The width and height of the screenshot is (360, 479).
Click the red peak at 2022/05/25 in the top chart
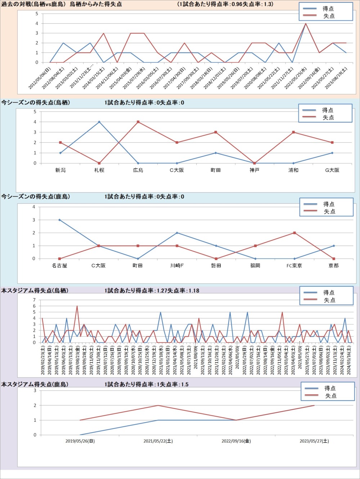point(306,23)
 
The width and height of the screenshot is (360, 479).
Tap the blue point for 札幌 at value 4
point(99,122)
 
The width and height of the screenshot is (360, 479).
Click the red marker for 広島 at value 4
point(138,122)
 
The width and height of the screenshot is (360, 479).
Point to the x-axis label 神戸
point(255,170)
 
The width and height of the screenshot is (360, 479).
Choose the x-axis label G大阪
point(332,170)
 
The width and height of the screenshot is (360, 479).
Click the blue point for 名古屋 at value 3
point(59,220)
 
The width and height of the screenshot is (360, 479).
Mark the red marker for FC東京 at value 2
point(294,233)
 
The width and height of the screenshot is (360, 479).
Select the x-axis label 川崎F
point(177,265)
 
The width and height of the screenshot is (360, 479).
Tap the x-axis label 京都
point(333,265)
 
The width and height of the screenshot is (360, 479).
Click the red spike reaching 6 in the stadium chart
point(77,306)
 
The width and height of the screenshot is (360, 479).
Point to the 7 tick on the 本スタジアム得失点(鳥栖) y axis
point(35,300)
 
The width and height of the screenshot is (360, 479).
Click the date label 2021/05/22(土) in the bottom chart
point(158,441)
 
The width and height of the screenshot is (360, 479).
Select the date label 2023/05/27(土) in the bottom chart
point(314,441)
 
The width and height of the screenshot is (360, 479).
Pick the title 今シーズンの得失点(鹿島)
point(36,197)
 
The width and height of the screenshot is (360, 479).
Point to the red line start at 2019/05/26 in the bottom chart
point(80,420)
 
